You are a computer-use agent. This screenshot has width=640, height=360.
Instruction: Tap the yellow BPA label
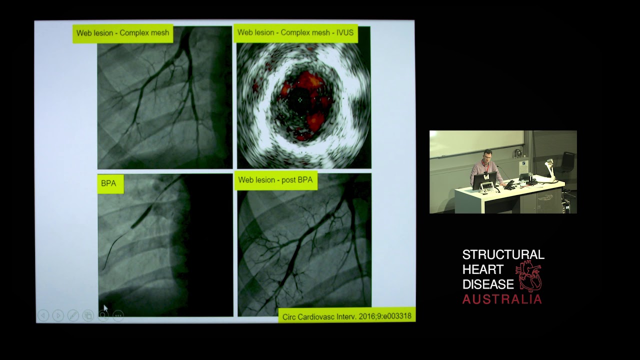coord(108,183)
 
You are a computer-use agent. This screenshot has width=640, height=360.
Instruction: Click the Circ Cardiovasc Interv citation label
coord(346,316)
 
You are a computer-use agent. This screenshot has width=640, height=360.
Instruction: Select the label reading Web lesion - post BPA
coord(275,180)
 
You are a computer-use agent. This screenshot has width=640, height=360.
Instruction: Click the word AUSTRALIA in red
coord(502,299)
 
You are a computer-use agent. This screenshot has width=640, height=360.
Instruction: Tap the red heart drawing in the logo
coord(530,276)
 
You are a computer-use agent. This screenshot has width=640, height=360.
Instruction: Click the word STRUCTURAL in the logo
coord(503,255)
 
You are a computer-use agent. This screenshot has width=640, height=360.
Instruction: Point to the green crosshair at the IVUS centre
coord(300,99)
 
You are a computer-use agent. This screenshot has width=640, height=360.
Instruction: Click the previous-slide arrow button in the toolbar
coord(43,315)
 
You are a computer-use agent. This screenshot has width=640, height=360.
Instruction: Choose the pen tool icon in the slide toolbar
coord(73,315)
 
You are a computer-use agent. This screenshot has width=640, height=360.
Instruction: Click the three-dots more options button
coord(118,315)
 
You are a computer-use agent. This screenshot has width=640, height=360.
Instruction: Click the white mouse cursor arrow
coord(105,308)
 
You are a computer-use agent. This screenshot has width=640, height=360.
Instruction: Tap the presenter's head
coord(487,155)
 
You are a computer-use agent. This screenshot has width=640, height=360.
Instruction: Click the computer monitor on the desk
coord(484,179)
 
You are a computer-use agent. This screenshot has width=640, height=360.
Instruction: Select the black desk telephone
coord(509,184)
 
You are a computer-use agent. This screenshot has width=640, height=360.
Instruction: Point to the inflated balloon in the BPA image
coord(141,216)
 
